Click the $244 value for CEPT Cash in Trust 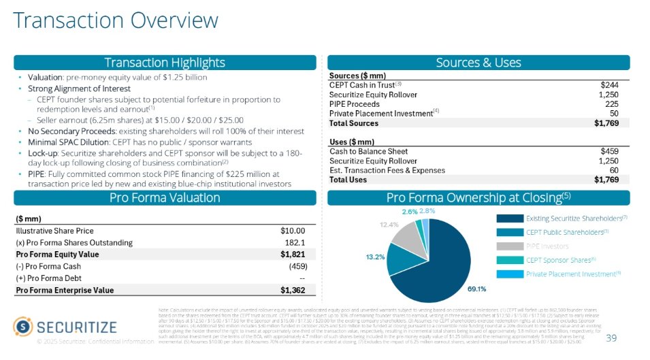[x=609, y=84]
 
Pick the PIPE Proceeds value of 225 [x=611, y=104]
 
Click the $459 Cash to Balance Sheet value [x=609, y=151]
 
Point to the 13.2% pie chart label [x=375, y=257]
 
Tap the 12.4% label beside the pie [x=389, y=224]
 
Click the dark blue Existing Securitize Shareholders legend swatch [x=510, y=218]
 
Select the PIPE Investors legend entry [x=546, y=246]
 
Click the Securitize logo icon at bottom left [x=26, y=327]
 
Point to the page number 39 [x=611, y=339]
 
